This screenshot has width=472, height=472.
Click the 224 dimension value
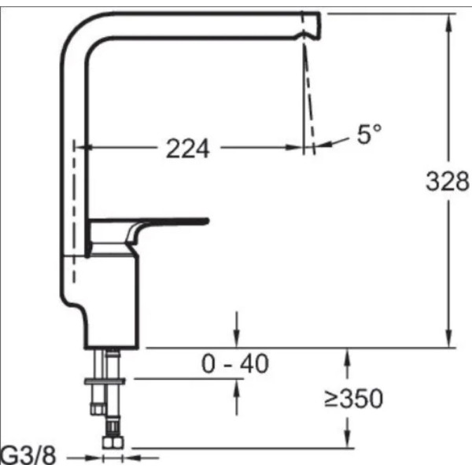point(188,149)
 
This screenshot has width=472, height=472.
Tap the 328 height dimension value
point(448,181)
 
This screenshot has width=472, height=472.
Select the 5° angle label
point(370,134)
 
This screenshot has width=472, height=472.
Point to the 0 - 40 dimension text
point(234,363)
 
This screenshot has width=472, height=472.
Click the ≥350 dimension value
point(353,398)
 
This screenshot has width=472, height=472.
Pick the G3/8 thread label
point(28,455)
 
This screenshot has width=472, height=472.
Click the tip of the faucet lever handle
point(207,221)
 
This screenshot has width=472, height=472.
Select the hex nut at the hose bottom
point(112,442)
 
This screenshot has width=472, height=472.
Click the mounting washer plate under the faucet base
point(105,382)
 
